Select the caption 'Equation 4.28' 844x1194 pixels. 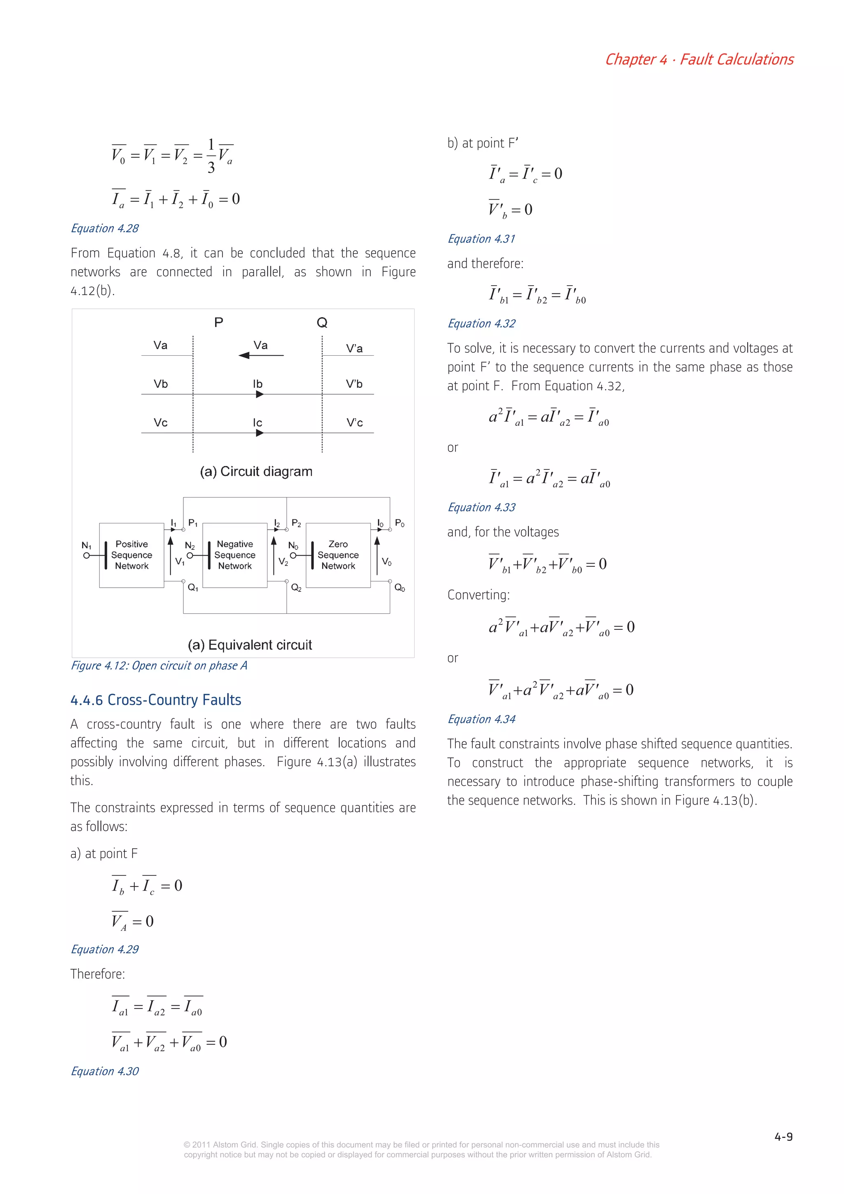point(105,228)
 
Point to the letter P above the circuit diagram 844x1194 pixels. point(219,322)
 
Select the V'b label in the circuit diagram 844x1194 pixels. point(354,384)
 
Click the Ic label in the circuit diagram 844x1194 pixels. point(258,422)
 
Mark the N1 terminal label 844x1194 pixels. point(86,545)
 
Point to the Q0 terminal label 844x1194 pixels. point(399,588)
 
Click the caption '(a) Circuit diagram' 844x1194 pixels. point(256,471)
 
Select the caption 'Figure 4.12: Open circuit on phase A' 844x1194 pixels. point(159,666)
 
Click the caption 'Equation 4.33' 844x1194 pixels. point(481,507)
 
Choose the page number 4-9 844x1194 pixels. point(783,1137)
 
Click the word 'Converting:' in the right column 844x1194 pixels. point(478,595)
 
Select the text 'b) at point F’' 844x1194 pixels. point(483,143)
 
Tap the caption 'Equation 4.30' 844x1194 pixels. point(105,1071)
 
